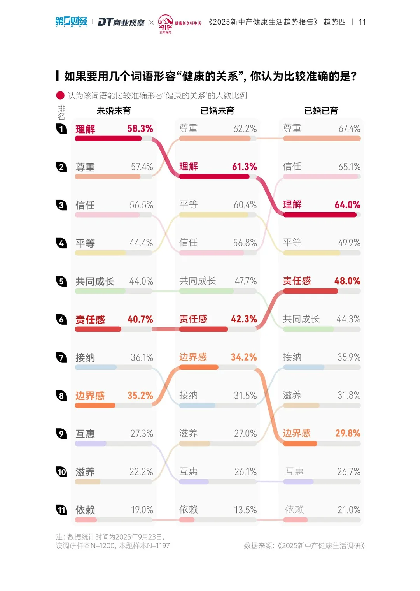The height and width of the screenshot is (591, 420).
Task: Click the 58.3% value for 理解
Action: pos(140,129)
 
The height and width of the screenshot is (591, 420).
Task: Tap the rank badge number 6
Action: pos(61,319)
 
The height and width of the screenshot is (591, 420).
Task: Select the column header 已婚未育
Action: pos(217,111)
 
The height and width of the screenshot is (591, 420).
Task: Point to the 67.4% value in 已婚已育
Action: pos(349,129)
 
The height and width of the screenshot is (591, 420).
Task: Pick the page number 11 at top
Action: pos(362,22)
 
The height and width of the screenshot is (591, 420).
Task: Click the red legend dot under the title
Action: pos(60,95)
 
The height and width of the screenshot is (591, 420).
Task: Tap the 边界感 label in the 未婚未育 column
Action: pos(90,396)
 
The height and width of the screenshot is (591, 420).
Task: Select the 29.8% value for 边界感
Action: pos(348,433)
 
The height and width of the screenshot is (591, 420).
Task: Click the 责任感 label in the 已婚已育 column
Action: pos(297,281)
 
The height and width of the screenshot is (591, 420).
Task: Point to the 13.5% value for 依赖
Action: pos(245,510)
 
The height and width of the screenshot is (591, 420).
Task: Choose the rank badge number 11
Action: pos(61,510)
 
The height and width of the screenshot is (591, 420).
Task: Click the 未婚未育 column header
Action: pos(114,111)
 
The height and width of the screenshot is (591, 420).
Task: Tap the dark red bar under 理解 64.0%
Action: pos(320,215)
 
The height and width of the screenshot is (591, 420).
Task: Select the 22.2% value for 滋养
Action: pos(141,472)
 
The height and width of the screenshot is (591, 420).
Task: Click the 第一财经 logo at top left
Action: pos(71,22)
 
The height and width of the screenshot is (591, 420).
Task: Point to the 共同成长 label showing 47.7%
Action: pos(198,281)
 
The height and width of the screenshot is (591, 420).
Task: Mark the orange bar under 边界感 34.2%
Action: pos(199,367)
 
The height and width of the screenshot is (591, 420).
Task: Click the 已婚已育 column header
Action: pos(321,111)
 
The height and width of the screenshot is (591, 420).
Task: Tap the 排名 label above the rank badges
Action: pos(61,112)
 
